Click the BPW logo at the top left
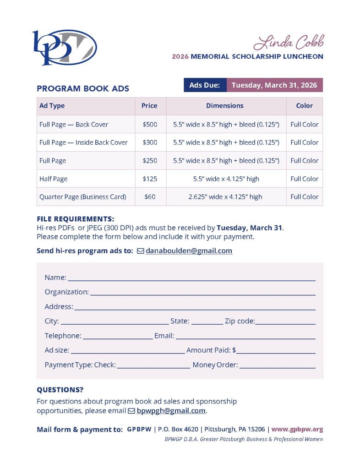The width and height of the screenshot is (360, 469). click(x=64, y=47)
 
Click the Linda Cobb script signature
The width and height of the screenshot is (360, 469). click(x=289, y=42)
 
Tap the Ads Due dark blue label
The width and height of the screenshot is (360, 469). click(x=205, y=85)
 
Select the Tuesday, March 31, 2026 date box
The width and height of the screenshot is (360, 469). click(x=274, y=85)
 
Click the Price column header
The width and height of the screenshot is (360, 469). click(x=149, y=106)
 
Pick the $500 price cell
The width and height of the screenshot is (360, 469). click(x=149, y=124)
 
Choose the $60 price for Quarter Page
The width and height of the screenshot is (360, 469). click(x=149, y=197)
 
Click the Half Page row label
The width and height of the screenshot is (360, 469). click(x=54, y=179)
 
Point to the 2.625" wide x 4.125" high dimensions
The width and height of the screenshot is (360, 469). click(x=225, y=197)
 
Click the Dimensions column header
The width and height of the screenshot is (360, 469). click(x=224, y=106)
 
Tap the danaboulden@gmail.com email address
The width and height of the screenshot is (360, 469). click(x=189, y=251)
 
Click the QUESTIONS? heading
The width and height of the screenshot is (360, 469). click(x=60, y=390)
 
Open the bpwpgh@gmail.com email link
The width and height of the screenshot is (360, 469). click(x=171, y=411)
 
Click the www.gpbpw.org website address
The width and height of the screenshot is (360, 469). click(x=297, y=430)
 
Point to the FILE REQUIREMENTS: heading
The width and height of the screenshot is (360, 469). click(x=76, y=219)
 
